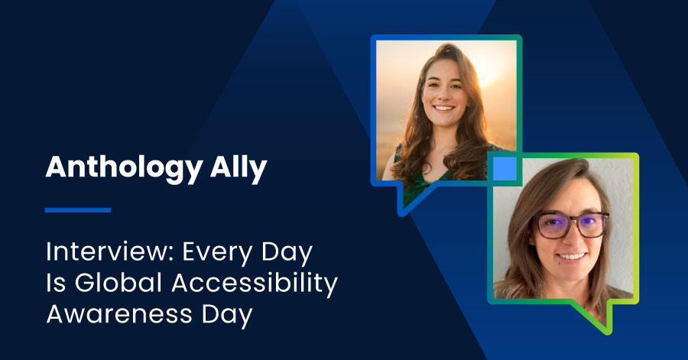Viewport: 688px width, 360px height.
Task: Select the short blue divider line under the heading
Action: (x=78, y=209)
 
